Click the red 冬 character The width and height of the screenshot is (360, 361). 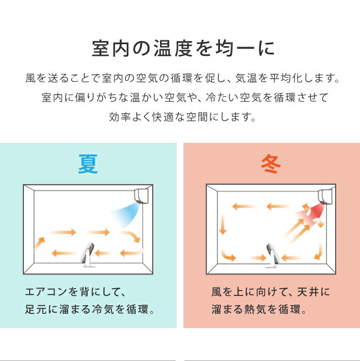tap(270, 164)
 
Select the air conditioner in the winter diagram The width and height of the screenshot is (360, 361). tap(324, 196)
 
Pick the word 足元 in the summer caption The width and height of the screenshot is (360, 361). tap(35, 309)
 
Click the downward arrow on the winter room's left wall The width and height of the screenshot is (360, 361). tap(223, 224)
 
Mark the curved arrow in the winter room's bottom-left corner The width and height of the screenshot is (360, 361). tap(227, 254)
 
